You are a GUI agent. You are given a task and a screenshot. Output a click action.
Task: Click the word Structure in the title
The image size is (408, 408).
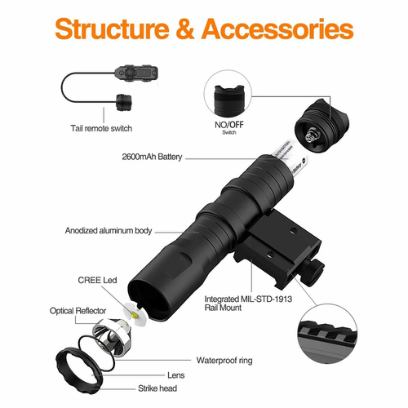click(112, 29)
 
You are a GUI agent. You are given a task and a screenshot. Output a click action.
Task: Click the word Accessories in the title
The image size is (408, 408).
click(277, 29)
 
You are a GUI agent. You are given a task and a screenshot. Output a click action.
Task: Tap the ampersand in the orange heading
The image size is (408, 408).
click(185, 29)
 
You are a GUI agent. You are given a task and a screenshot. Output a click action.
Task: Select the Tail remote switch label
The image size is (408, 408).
click(101, 128)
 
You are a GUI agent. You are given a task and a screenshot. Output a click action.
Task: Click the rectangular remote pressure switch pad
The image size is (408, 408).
click(136, 73)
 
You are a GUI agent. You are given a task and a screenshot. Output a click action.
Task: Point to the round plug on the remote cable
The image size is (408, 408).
click(124, 102)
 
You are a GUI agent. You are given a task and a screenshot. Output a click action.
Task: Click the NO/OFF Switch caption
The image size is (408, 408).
click(229, 127)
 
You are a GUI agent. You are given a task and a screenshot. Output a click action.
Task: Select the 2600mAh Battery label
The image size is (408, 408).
click(152, 157)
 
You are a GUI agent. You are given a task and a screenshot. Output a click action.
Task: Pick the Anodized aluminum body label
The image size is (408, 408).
click(109, 231)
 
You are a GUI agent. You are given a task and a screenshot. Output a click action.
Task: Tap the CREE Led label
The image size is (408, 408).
click(97, 280)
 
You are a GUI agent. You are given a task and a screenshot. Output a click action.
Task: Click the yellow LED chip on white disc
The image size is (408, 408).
click(134, 315)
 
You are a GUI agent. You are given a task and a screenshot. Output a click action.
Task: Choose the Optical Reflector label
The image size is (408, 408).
click(78, 311)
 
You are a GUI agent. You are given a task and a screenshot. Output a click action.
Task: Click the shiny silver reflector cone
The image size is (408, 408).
click(112, 338)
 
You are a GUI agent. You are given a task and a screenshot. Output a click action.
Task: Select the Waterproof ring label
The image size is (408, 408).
click(224, 361)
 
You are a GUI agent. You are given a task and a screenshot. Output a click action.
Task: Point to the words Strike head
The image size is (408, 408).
click(157, 388)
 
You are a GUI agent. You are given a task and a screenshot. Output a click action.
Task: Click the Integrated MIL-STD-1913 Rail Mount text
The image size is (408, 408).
click(248, 304)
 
